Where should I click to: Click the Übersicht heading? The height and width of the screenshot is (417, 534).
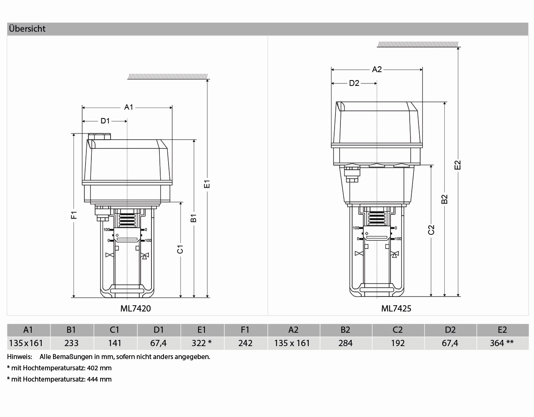click(x=27, y=29)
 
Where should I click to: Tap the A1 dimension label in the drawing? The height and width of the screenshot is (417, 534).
click(x=128, y=107)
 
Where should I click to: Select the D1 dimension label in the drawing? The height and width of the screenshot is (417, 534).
click(x=105, y=121)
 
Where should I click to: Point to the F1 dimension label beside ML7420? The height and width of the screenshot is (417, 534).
click(x=74, y=215)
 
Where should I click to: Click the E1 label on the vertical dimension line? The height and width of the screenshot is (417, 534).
click(x=207, y=184)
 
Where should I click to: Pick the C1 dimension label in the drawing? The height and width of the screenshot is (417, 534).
click(x=180, y=249)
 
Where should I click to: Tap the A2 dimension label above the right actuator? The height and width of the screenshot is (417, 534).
click(x=377, y=70)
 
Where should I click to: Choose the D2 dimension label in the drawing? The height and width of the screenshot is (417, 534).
click(x=354, y=83)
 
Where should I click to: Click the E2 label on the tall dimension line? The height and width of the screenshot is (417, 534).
click(x=458, y=165)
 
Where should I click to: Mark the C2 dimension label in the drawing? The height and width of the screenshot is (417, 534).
click(x=431, y=230)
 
